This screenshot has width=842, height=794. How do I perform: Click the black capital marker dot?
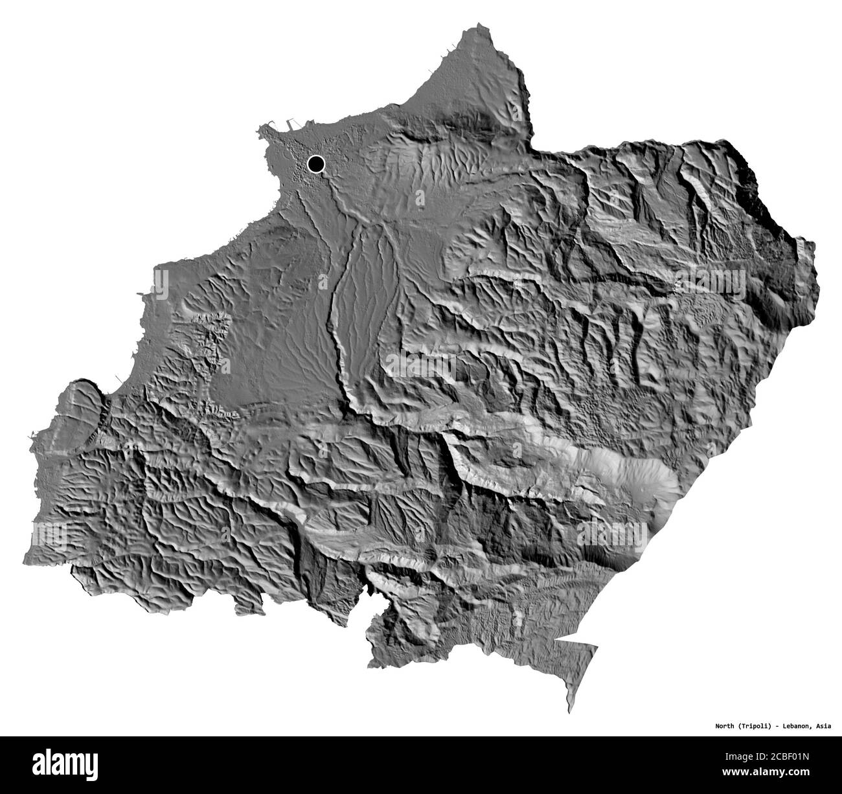[x=316, y=164]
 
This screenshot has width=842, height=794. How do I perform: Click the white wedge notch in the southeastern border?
[x=563, y=641]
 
